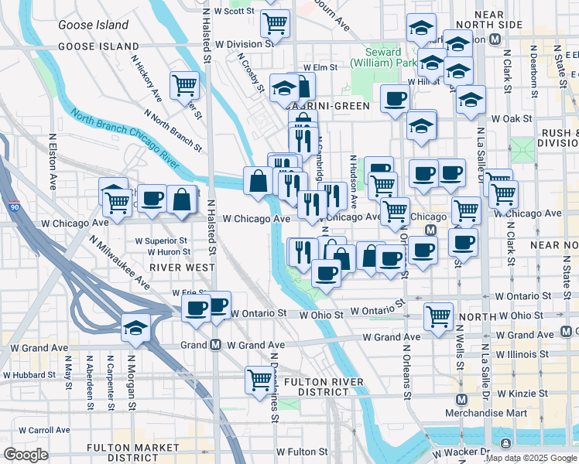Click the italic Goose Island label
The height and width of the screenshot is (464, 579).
click(x=93, y=25)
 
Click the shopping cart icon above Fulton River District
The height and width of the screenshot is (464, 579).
click(x=259, y=378)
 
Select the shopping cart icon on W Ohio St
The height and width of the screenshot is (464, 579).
click(x=438, y=316)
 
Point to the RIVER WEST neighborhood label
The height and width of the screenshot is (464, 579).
click(x=182, y=267)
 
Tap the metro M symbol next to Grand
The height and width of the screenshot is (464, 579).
click(x=215, y=344)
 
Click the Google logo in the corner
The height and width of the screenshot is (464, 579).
click(x=26, y=455)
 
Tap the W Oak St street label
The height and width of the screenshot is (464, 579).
click(x=511, y=118)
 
